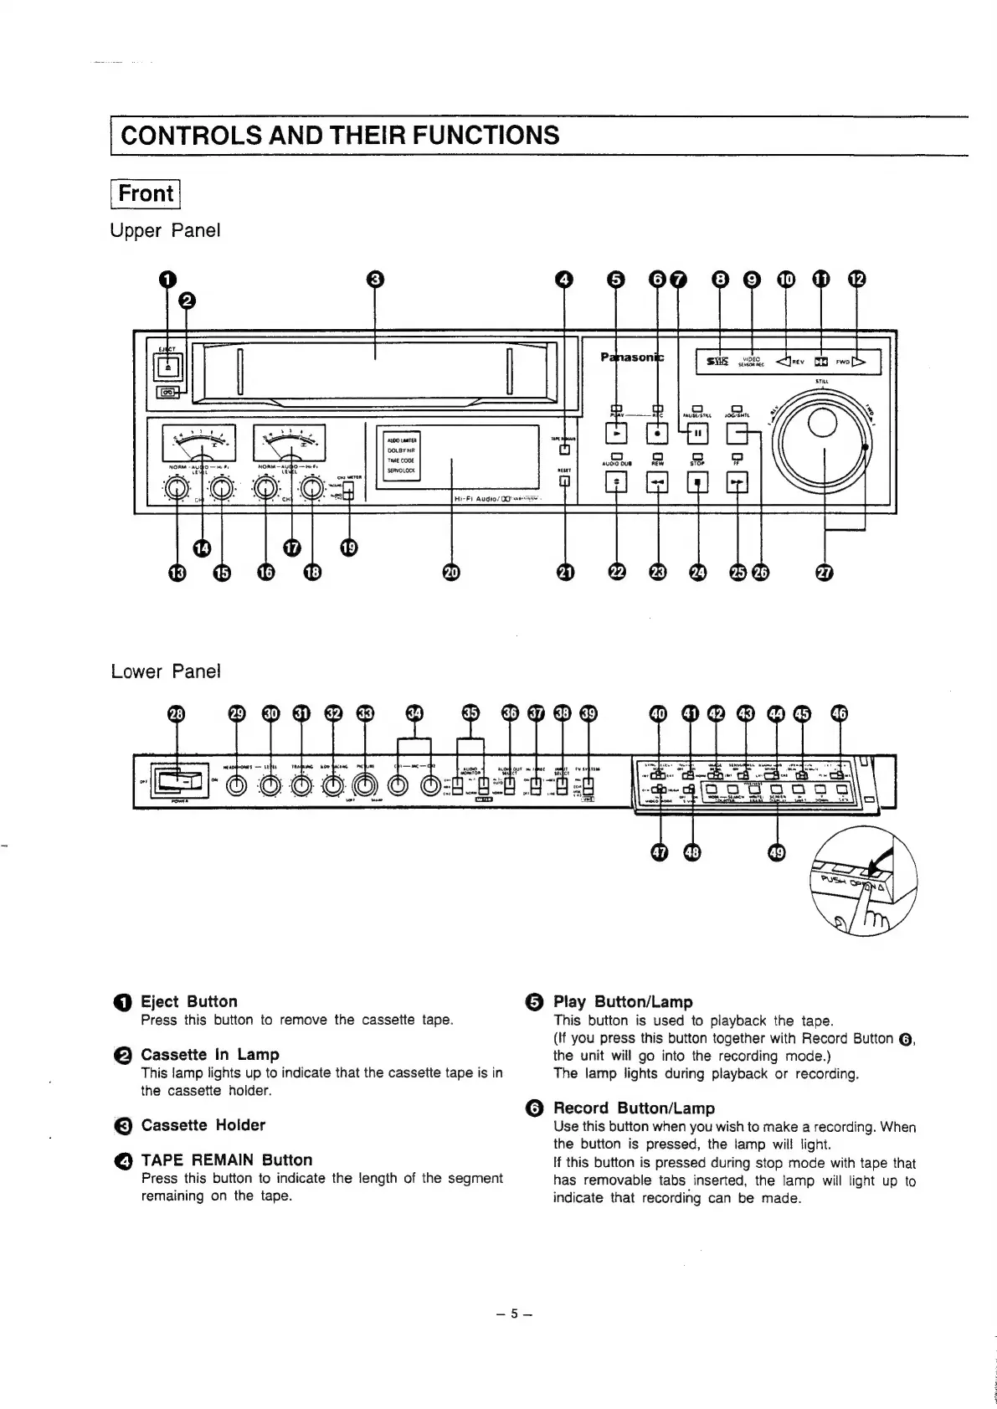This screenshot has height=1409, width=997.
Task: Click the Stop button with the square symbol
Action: pyautogui.click(x=697, y=483)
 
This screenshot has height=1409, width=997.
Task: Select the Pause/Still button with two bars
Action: pyautogui.click(x=697, y=433)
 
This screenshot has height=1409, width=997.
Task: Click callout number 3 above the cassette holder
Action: pyautogui.click(x=375, y=280)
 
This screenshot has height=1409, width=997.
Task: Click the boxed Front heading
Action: pyautogui.click(x=146, y=193)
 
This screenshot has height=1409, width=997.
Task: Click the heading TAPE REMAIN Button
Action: pyautogui.click(x=226, y=1160)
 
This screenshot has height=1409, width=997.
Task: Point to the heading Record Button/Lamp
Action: pyautogui.click(x=634, y=1108)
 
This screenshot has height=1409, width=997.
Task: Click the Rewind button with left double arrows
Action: pyautogui.click(x=657, y=483)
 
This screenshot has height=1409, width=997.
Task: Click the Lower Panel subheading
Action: pyautogui.click(x=165, y=671)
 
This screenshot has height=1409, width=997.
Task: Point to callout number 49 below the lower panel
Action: pyautogui.click(x=777, y=852)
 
